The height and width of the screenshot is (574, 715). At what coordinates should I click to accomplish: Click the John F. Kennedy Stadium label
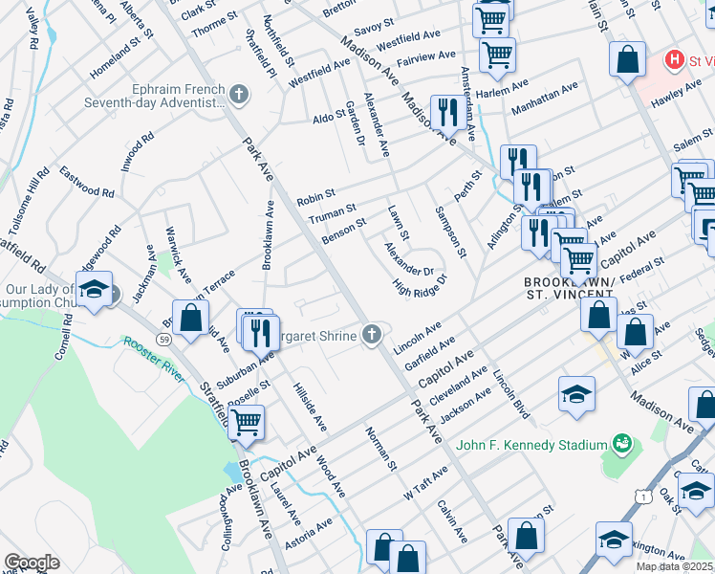pos(532,445)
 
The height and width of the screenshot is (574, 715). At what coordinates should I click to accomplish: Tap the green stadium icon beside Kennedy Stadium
pos(623,443)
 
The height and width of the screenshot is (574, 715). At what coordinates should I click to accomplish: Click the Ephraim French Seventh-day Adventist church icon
pos(239,94)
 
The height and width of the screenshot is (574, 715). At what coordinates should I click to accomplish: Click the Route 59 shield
pos(165,339)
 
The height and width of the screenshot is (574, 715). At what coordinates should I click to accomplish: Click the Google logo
pos(32,562)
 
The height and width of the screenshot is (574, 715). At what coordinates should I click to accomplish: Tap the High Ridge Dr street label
pos(420,287)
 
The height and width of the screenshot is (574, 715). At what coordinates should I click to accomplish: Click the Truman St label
pos(332,212)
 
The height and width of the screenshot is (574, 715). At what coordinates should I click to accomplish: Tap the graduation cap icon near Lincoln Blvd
pos(576,394)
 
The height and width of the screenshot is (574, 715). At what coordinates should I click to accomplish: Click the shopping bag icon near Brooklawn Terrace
pos(191,316)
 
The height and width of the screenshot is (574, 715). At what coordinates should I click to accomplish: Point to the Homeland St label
pos(121,60)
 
